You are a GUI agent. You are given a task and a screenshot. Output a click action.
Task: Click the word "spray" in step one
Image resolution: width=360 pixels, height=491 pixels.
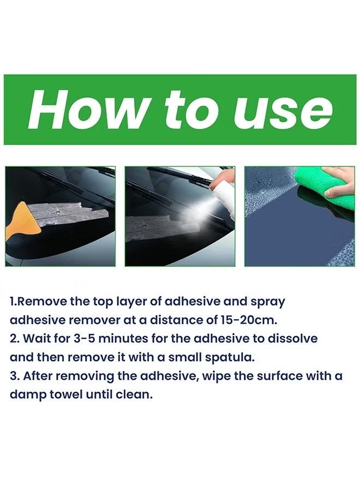click(x=268, y=302)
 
